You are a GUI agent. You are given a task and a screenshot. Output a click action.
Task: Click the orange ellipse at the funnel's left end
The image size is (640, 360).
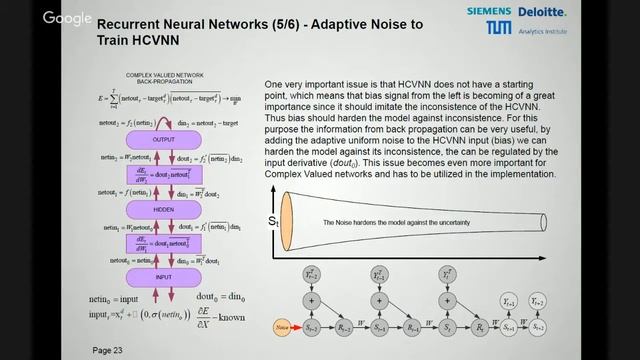(286, 220)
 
